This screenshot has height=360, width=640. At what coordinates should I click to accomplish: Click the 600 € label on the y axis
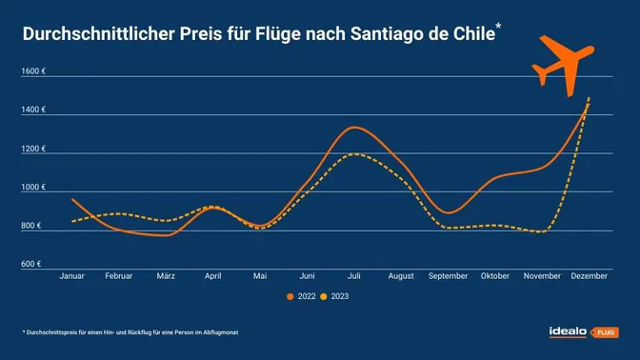[31, 263]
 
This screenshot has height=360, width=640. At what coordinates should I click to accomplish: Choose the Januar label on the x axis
[72, 276]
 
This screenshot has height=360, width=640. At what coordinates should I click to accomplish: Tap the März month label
[166, 276]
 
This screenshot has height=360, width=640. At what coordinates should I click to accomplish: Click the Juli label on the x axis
[354, 276]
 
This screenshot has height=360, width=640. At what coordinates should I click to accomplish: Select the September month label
[448, 276]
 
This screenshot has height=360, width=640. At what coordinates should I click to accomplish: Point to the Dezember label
[589, 276]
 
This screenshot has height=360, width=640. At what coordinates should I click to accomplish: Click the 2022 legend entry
[301, 297]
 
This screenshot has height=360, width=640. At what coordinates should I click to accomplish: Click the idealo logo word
[569, 331]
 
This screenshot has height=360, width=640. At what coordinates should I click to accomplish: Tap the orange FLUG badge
[604, 332]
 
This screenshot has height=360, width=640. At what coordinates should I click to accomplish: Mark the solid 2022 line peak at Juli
[353, 127]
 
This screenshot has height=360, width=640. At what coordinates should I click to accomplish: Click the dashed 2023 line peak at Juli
[354, 153]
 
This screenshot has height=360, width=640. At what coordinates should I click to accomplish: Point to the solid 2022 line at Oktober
[495, 175]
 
